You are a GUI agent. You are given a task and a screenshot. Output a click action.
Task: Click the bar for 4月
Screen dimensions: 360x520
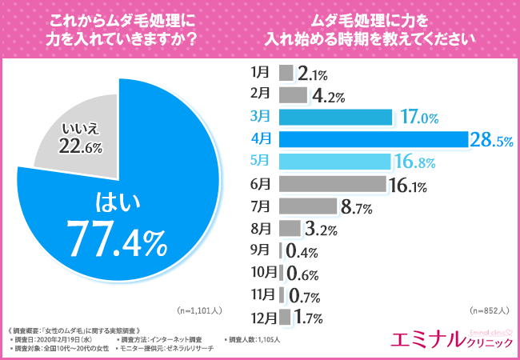[373, 139]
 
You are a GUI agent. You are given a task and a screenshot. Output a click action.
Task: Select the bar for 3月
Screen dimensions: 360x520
[335, 118]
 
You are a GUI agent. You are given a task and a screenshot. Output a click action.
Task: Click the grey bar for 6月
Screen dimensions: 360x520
[332, 183]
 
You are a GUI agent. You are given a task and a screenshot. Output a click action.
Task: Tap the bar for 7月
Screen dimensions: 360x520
[307, 206]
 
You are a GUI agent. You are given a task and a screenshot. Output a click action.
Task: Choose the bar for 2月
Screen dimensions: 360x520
[293, 95]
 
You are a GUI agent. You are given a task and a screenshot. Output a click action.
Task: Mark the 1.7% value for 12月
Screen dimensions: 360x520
[308, 319]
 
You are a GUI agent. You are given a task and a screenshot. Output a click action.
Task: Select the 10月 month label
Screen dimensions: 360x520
[259, 272]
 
